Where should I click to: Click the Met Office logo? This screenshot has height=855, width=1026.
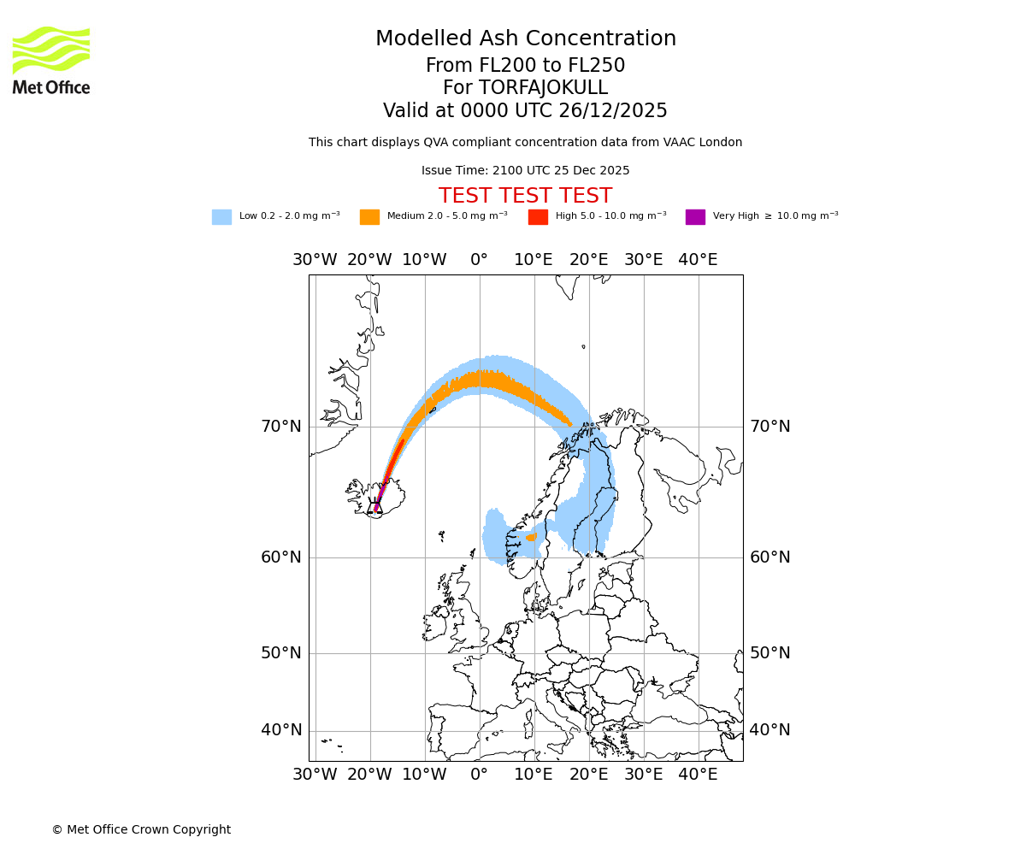[51, 60]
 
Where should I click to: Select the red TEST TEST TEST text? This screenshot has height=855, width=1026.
[525, 196]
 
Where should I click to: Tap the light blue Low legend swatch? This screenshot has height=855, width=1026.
[221, 217]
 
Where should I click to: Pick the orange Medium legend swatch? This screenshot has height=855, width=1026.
[369, 217]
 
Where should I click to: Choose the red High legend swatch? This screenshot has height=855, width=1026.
[538, 217]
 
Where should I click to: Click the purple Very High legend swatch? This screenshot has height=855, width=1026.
[695, 217]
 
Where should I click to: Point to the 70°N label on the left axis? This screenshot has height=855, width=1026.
[281, 426]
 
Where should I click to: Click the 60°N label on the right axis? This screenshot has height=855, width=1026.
[769, 557]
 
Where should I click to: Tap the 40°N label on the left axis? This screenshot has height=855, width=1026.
[281, 730]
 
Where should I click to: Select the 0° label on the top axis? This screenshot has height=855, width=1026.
[479, 260]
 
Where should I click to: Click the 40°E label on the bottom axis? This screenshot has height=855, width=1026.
[698, 775]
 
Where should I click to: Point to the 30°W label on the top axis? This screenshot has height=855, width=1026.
[315, 260]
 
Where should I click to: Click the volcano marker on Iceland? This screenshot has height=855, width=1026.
[374, 505]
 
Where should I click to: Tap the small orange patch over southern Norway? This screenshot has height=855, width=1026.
[532, 537]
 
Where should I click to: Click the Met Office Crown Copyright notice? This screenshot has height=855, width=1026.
[141, 829]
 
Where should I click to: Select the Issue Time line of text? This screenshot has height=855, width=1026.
[525, 170]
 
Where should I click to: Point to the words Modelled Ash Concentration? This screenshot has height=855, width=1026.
[525, 38]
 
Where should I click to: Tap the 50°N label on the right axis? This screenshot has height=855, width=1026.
[769, 653]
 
